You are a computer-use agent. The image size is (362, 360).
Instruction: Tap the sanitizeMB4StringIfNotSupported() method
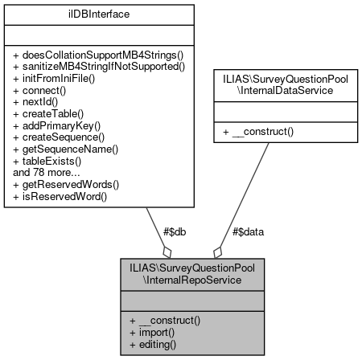point(104,67)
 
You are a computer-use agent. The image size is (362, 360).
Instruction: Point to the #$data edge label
point(248,231)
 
